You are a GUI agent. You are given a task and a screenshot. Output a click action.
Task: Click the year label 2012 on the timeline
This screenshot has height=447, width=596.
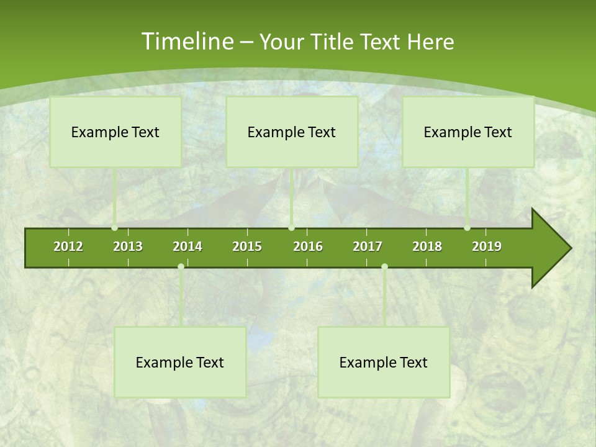68,246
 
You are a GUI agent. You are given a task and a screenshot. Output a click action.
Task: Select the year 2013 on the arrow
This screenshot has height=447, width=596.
128,246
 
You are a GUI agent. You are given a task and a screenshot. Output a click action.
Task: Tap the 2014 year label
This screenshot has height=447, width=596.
187,246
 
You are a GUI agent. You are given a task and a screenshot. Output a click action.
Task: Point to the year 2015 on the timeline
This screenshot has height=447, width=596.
247,246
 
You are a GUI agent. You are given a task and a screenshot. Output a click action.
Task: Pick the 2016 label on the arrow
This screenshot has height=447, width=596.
308,246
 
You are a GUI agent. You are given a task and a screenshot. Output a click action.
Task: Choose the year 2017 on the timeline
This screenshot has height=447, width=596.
368,246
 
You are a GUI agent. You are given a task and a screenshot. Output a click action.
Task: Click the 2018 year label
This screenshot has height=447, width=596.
427,246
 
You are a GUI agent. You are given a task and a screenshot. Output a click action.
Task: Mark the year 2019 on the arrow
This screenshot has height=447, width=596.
487,246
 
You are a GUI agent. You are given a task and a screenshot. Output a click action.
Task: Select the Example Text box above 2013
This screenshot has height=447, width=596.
115,132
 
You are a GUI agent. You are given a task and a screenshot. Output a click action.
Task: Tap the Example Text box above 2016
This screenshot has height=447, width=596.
292,132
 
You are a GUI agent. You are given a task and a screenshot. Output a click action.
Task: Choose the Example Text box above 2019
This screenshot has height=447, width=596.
468,132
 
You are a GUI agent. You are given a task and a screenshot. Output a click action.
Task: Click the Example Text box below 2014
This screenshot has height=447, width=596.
180,362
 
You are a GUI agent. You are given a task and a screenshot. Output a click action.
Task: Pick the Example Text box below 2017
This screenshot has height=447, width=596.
384,362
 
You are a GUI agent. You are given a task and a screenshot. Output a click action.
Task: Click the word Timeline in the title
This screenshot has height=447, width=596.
187,42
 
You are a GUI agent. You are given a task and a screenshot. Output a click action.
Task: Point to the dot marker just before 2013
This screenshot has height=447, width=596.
115,228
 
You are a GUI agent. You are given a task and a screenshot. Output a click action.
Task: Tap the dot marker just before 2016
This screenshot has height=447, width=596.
292,228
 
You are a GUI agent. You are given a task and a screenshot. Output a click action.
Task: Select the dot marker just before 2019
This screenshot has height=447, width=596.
467,228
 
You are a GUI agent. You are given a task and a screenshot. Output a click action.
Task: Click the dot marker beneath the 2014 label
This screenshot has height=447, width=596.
181,267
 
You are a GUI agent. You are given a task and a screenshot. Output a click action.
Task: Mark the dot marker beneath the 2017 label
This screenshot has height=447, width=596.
384,267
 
